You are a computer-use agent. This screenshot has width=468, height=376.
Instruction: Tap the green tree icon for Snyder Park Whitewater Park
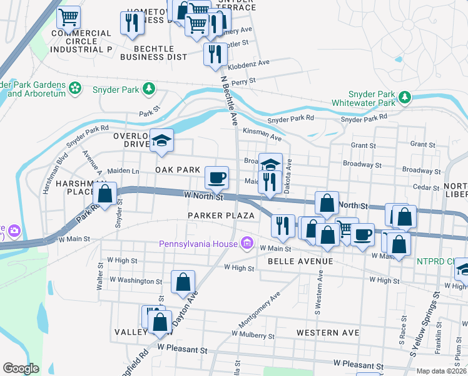[x=405, y=97]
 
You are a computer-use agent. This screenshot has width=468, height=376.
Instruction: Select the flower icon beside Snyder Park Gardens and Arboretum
[x=76, y=89]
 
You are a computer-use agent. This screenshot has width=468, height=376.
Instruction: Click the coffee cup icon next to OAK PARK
[x=216, y=177]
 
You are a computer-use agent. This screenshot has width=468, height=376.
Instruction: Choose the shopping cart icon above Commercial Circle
[x=68, y=16]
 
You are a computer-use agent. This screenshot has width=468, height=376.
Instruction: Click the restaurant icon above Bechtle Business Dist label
[x=131, y=23]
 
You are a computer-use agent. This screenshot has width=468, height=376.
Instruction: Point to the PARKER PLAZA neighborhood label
[x=221, y=216]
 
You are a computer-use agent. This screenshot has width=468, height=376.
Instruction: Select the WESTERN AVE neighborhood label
[x=328, y=332]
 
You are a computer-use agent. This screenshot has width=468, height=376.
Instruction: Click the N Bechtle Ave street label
[x=229, y=100]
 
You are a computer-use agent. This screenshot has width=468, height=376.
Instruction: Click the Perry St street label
[x=243, y=81]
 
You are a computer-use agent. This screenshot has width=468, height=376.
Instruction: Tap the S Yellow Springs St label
[x=422, y=330]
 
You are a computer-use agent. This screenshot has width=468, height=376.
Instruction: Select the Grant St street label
[x=362, y=145]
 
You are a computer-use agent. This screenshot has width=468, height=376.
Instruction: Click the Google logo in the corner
[x=21, y=368]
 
